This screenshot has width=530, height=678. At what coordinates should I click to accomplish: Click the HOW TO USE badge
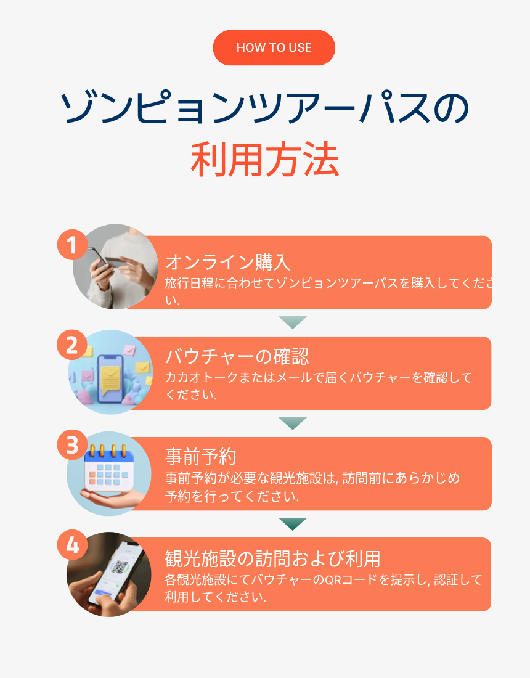click(274, 47)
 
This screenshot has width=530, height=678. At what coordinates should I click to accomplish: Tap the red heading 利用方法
click(265, 160)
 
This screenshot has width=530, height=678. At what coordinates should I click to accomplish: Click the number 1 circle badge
click(73, 245)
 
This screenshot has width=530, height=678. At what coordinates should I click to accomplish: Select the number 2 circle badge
click(72, 345)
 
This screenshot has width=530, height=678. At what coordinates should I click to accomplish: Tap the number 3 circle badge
click(73, 445)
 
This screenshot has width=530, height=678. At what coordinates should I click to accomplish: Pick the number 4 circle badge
click(73, 545)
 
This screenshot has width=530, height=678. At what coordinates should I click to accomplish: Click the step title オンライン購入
click(228, 262)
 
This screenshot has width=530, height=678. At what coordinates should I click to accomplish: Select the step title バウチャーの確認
click(237, 357)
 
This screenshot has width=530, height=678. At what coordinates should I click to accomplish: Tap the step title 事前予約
click(200, 457)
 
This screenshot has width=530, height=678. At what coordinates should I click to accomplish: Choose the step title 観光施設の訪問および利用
click(273, 558)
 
